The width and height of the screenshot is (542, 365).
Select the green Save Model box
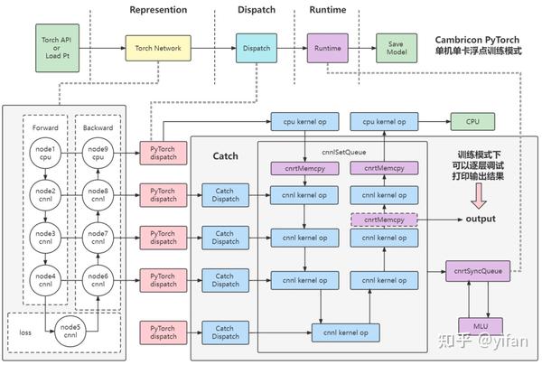coord(396,48)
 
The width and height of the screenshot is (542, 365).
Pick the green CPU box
coord(472,120)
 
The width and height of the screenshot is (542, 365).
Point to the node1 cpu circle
coord(46,153)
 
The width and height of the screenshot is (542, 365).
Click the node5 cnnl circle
coord(70,330)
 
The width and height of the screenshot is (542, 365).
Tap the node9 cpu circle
coord(97,153)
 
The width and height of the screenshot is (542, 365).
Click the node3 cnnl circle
coord(46,239)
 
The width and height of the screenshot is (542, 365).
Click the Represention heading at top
coord(158,10)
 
